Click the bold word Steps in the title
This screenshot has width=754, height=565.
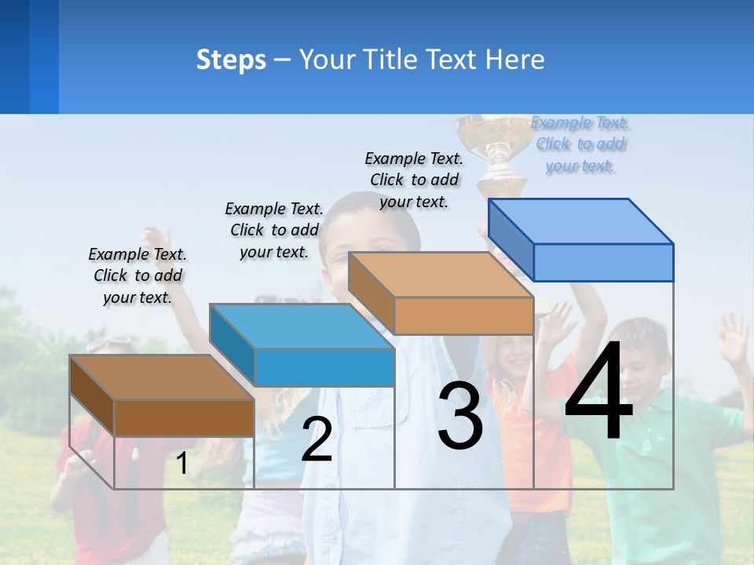[231, 60]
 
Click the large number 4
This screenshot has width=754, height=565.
[598, 392]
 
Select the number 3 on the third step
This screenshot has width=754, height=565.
[460, 416]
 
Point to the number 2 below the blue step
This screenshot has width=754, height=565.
[317, 440]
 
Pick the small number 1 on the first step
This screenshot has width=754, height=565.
[181, 464]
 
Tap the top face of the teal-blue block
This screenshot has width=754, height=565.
[302, 326]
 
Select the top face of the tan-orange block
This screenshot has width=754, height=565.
[441, 275]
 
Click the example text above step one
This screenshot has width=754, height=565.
[137, 275]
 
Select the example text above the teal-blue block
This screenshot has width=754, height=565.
[274, 230]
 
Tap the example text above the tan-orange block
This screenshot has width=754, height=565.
[414, 180]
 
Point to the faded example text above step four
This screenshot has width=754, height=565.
[580, 144]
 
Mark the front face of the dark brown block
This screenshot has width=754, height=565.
[184, 417]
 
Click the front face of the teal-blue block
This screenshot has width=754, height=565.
[324, 367]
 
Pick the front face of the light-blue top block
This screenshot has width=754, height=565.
[603, 262]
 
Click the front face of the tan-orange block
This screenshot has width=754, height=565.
[463, 315]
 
